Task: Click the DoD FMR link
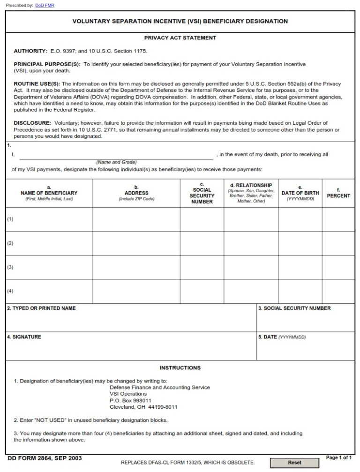tap(45, 6)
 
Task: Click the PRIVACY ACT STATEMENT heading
tap(180, 38)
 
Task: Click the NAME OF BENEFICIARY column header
tap(49, 193)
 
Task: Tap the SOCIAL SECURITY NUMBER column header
tap(202, 193)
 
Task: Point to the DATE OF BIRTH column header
tap(300, 193)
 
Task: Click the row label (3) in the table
tap(10, 267)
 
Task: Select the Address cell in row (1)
tap(136, 219)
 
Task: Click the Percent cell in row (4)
tap(338, 291)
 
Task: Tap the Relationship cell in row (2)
tap(251, 243)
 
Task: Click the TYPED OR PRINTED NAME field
tap(131, 321)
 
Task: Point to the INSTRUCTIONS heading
tap(180, 368)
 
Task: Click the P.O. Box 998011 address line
tap(130, 401)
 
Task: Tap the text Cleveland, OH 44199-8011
tap(143, 407)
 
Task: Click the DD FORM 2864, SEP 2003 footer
tap(41, 458)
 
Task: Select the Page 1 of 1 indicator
tap(338, 457)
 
